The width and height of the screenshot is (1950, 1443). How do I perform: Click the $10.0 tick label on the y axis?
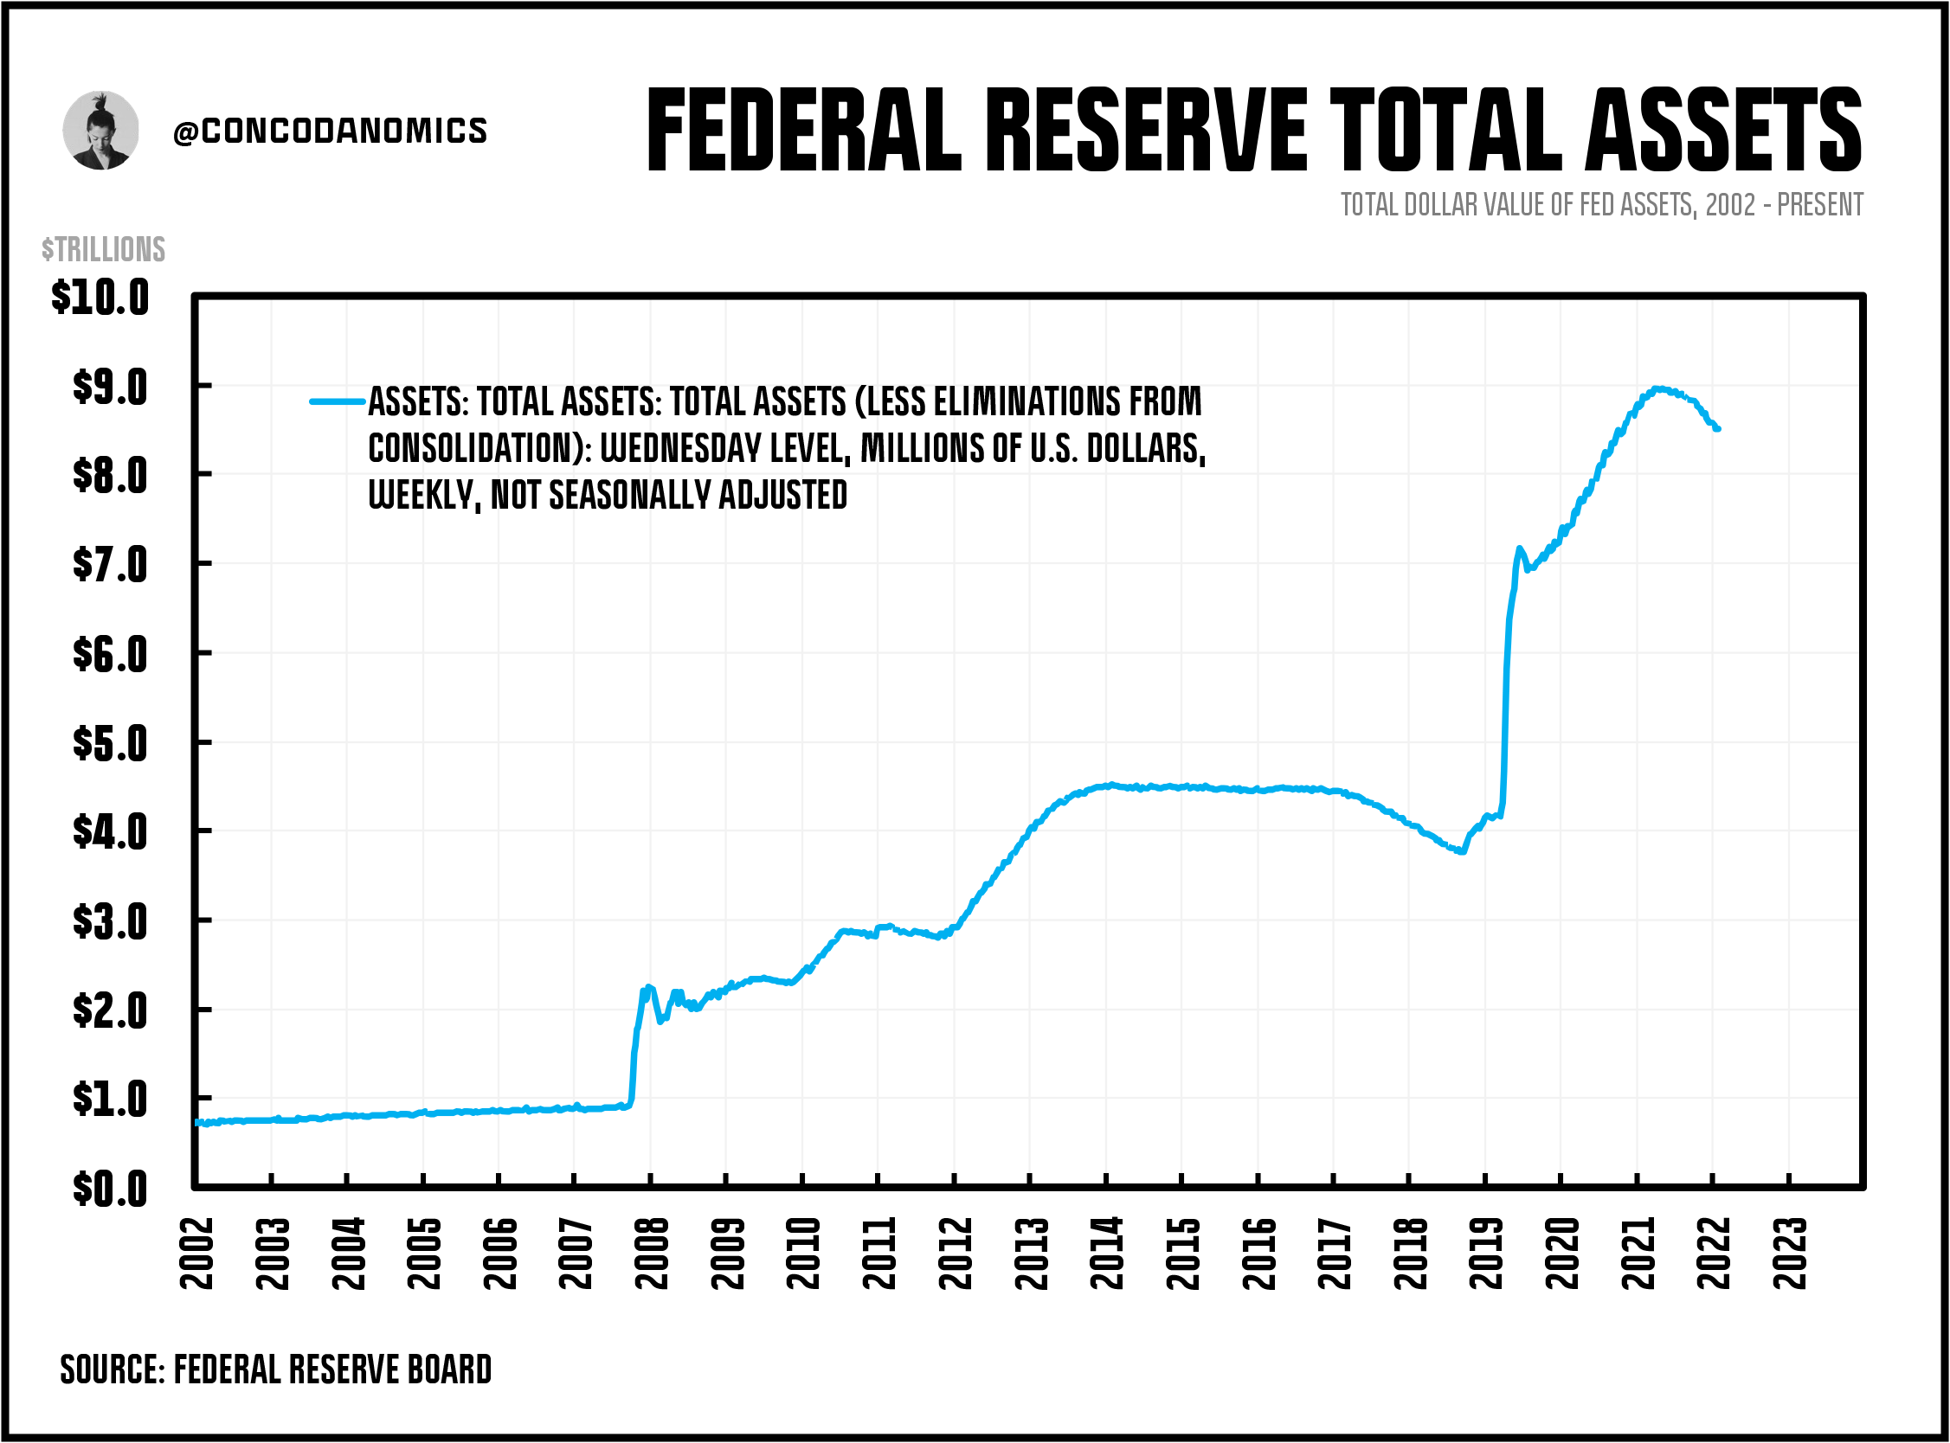100,298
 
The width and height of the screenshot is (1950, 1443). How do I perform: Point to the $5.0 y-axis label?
110,743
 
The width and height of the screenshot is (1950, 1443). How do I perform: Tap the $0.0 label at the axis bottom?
110,1189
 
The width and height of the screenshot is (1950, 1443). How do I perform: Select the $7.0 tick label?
110,564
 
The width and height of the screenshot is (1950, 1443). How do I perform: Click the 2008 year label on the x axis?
652,1253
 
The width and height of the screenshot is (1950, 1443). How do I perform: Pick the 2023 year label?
1790,1253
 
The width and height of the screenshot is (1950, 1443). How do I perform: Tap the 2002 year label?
196,1253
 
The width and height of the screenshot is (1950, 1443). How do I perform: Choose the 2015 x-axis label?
1183,1253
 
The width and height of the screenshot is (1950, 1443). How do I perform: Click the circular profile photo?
100,130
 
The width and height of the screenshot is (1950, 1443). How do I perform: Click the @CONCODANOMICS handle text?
331,131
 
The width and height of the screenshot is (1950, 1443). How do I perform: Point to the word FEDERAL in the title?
804,131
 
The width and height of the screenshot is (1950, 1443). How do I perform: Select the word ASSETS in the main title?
1723,131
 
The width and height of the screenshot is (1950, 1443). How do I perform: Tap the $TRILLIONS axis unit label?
103,249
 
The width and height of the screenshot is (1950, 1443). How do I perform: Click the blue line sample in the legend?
338,401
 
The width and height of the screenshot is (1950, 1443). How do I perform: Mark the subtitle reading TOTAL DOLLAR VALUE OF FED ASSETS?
1600,204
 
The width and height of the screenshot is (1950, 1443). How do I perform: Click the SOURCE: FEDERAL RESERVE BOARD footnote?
275,1369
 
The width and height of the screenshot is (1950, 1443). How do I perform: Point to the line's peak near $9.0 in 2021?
1657,388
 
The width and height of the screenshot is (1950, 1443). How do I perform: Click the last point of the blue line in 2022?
1717,429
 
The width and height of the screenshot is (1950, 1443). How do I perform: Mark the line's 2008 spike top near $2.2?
647,987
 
